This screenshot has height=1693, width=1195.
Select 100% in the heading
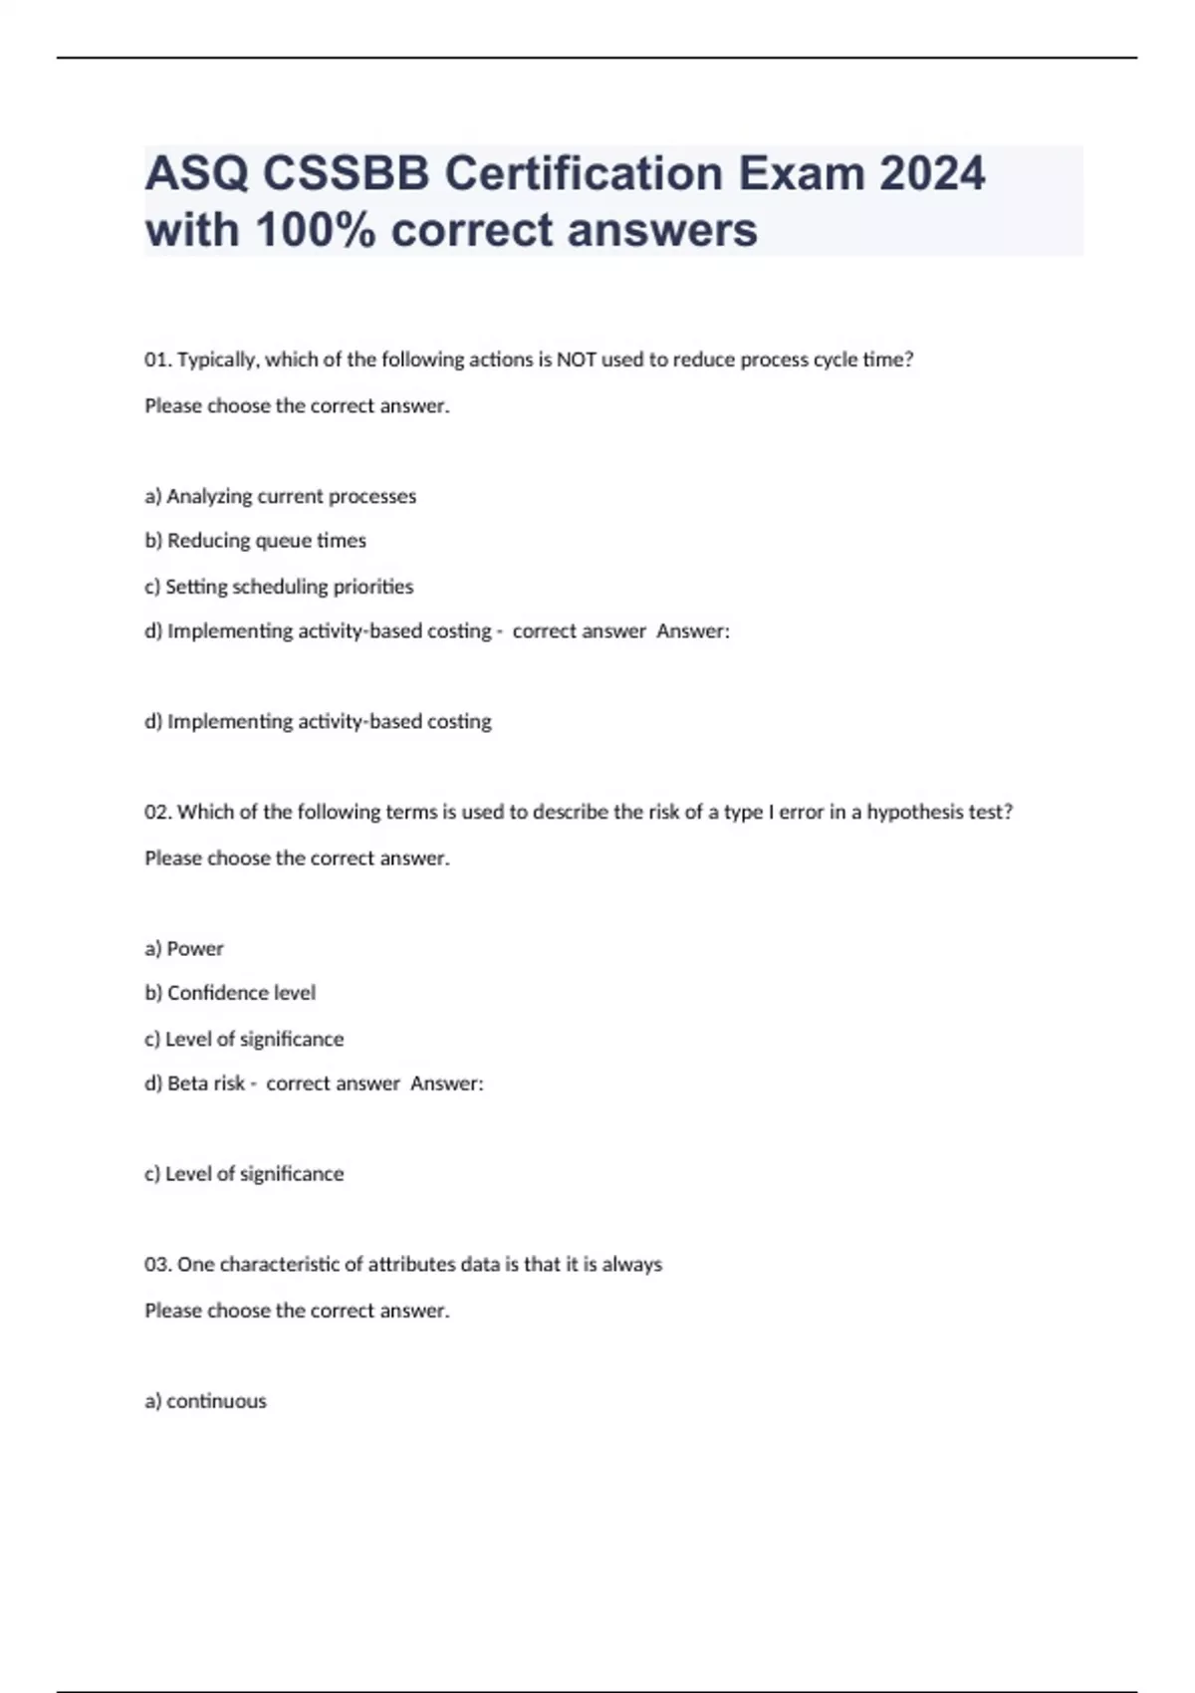point(317,230)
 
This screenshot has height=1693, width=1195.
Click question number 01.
point(158,360)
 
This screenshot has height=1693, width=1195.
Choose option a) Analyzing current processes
point(281,496)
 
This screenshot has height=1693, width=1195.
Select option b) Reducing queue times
point(256,541)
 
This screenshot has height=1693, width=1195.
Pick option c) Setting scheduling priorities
point(279,587)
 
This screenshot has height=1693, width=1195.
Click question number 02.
point(158,812)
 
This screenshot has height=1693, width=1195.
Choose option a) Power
point(184,948)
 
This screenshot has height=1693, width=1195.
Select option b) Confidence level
point(230,993)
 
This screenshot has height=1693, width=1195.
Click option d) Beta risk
point(195,1084)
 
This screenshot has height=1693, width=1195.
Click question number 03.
point(158,1265)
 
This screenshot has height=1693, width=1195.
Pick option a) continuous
point(206,1401)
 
